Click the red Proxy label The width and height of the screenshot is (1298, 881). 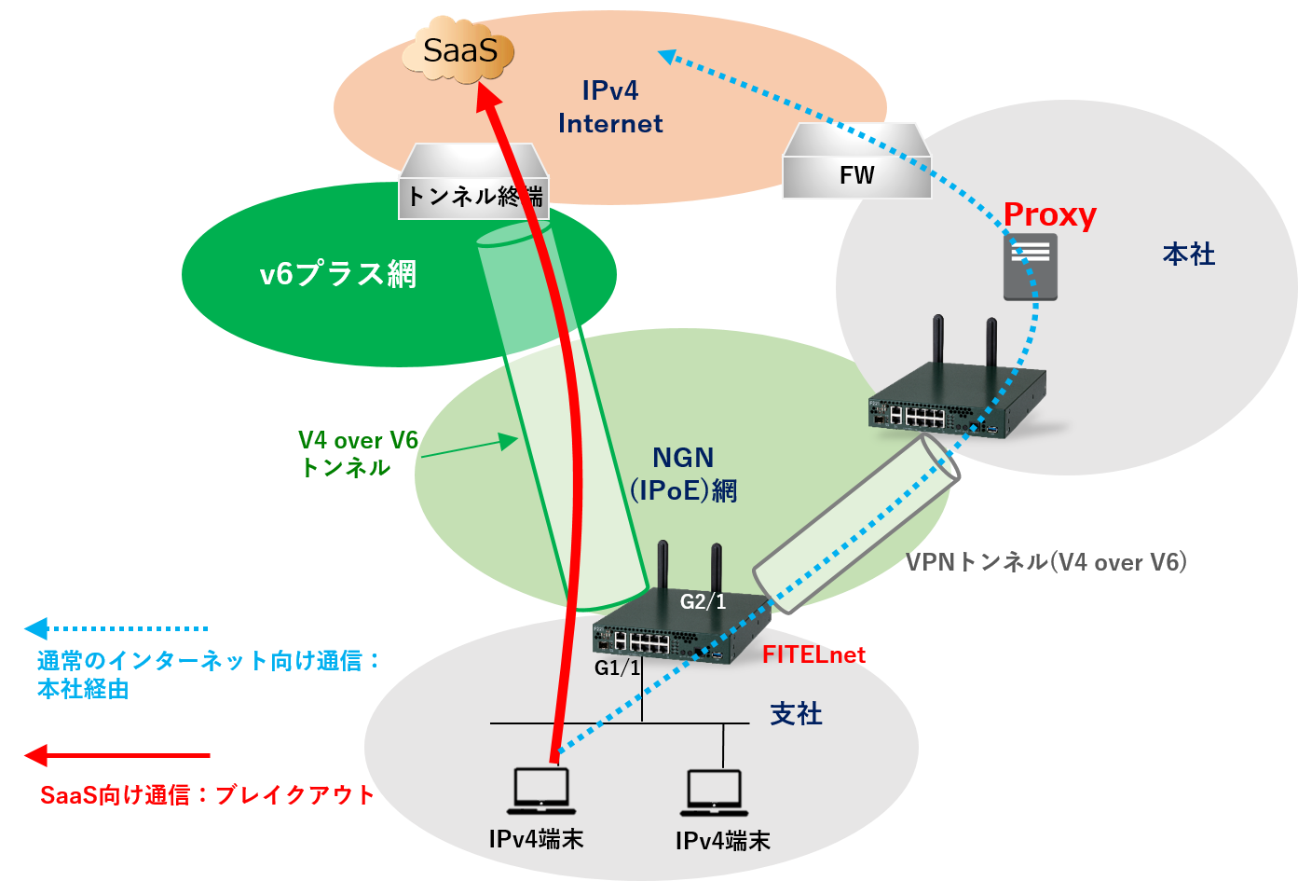tap(1049, 214)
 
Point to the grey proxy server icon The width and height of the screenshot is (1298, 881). tap(1030, 267)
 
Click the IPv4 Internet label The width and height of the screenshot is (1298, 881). tap(610, 107)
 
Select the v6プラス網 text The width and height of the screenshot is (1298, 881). tap(337, 274)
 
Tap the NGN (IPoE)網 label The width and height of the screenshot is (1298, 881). tap(683, 474)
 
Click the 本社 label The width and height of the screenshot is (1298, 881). tap(1189, 254)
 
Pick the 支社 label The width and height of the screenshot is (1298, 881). tap(796, 714)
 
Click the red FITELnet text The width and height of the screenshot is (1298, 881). tap(813, 654)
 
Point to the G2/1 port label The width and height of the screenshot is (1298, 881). tap(703, 602)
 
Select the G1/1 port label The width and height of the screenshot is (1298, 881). tap(618, 668)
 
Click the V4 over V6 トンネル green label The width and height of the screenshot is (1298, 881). tap(358, 454)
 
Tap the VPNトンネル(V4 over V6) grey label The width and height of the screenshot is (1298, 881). tap(1045, 561)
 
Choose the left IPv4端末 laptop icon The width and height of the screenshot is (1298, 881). tap(541, 791)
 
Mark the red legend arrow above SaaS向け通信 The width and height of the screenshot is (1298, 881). tap(116, 755)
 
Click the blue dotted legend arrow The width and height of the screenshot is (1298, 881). tap(116, 628)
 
